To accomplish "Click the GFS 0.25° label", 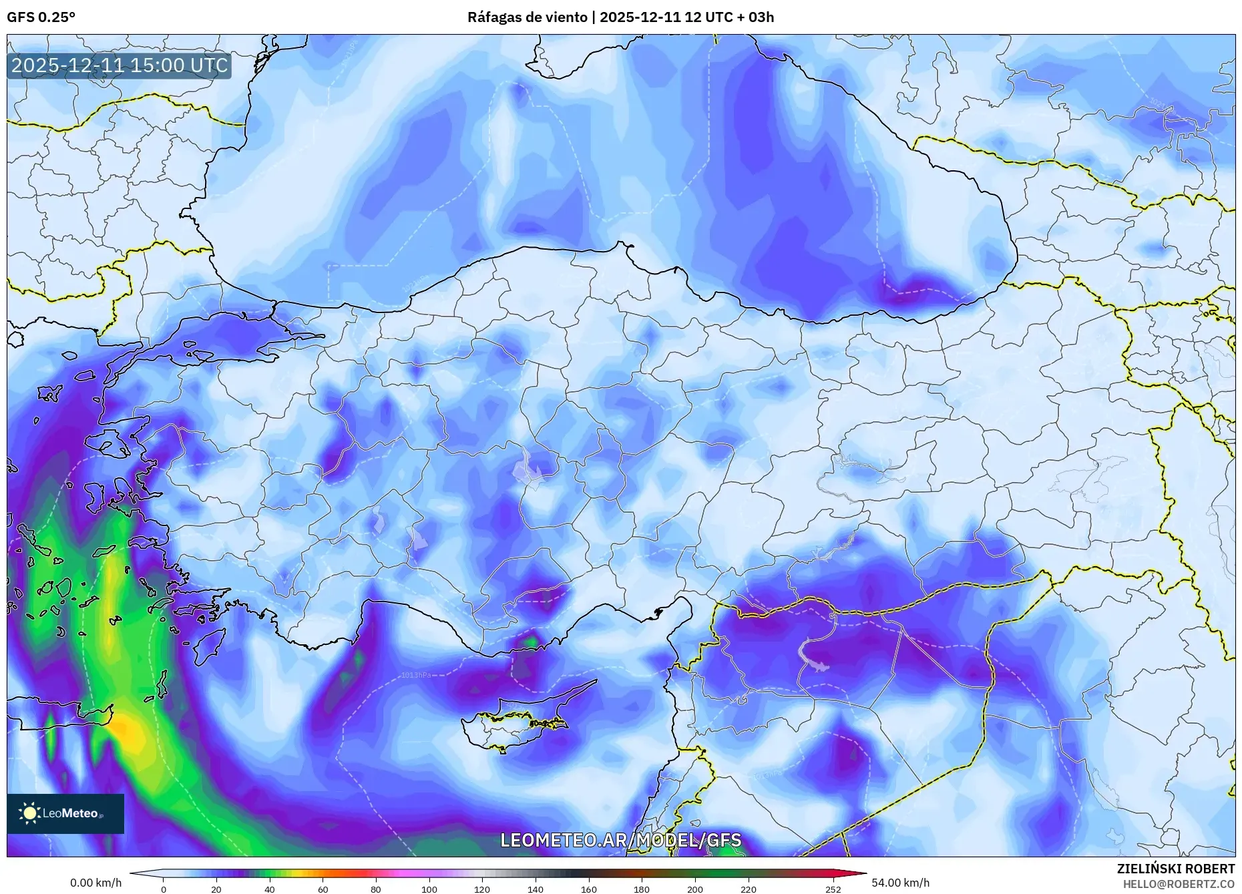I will click(41, 17).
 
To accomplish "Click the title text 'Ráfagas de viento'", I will click(528, 17).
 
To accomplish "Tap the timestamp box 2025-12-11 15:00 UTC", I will click(120, 65).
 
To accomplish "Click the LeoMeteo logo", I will click(65, 813).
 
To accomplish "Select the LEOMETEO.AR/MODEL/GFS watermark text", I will click(620, 839).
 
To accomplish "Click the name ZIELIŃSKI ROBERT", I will click(1175, 869).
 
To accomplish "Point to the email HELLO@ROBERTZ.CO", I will click(1178, 883).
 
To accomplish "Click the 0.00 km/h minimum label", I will click(96, 883).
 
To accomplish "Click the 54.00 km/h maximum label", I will click(900, 883).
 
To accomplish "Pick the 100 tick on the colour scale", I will click(429, 889).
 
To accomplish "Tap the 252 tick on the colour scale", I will click(833, 889).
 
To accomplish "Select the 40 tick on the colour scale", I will click(269, 889).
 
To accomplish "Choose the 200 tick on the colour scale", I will click(695, 889).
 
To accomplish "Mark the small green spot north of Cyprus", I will click(531, 642).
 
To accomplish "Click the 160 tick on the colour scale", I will click(588, 889).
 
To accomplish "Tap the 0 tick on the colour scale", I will click(164, 889).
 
